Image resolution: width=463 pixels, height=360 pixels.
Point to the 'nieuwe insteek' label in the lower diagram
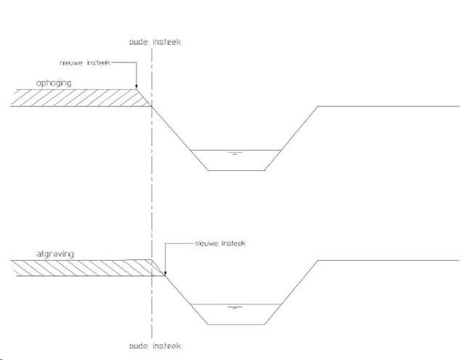[220, 243]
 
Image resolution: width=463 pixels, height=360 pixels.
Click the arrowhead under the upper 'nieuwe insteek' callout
[136, 87]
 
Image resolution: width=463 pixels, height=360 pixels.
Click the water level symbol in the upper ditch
[234, 154]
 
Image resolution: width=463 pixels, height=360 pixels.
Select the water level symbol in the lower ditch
[234, 308]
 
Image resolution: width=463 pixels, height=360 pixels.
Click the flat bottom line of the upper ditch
[235, 170]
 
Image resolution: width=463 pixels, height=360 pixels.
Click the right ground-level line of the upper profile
[388, 106]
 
